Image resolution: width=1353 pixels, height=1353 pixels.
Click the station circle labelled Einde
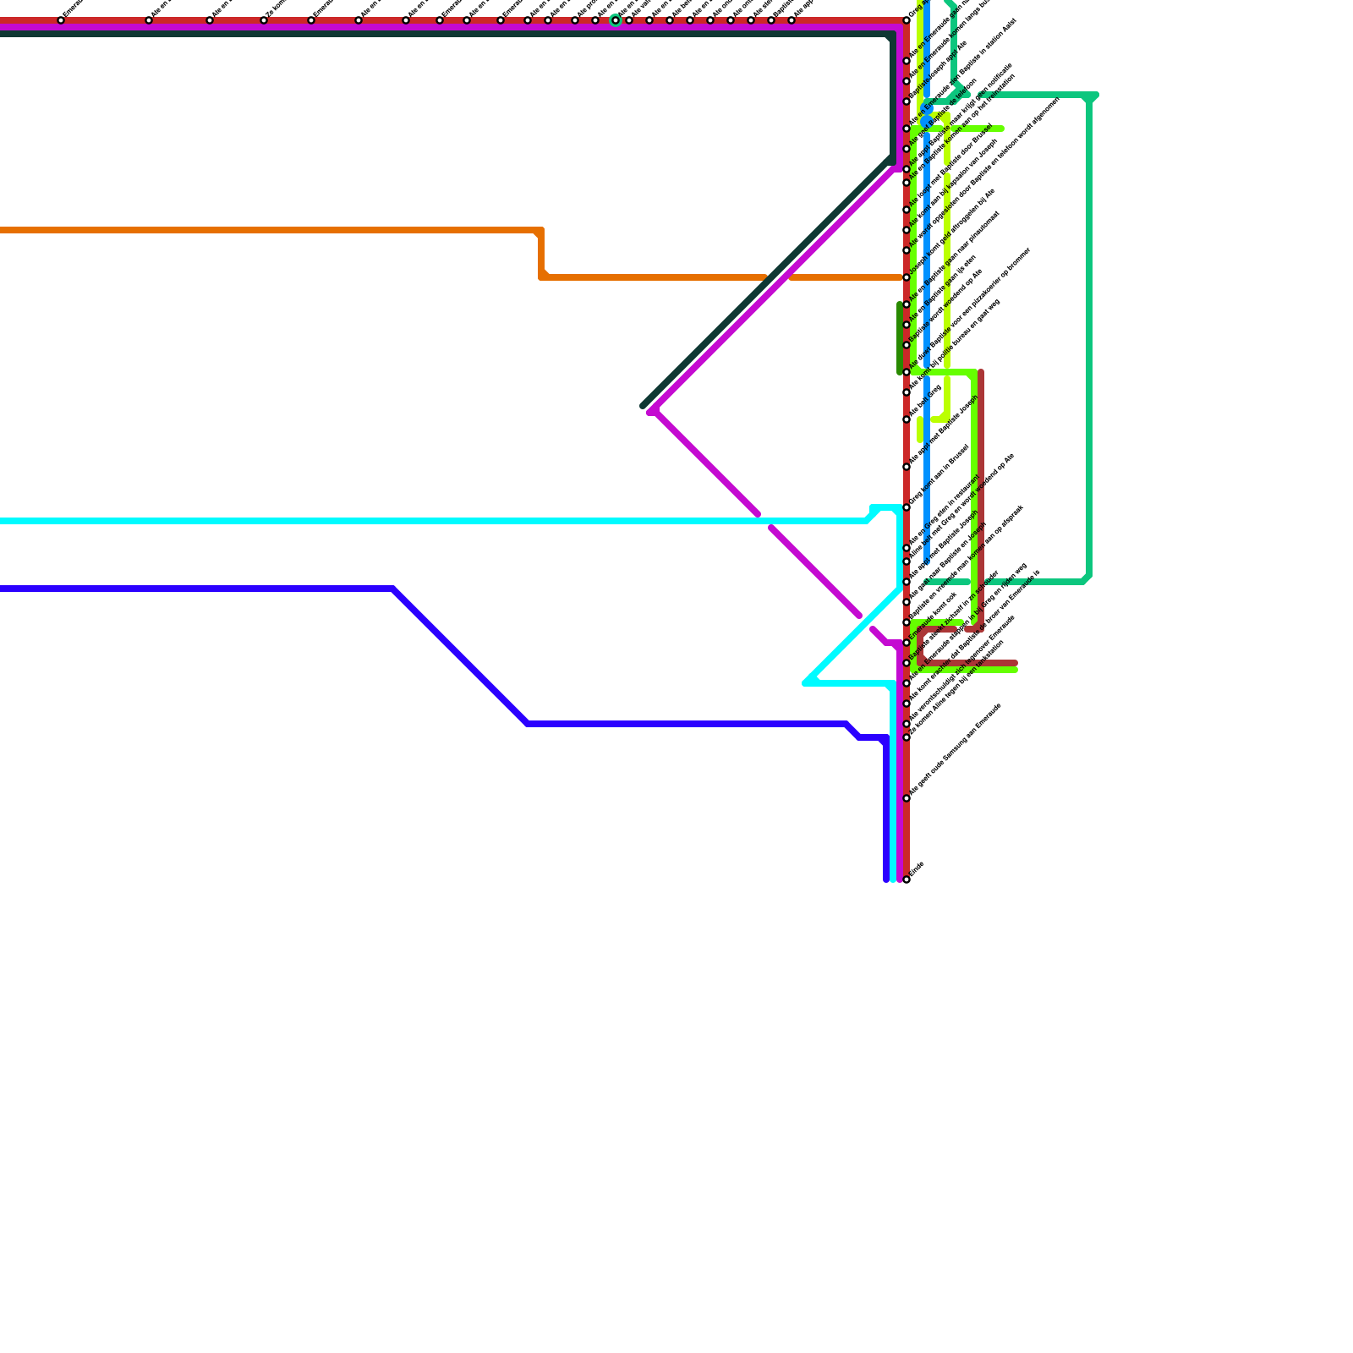pos(907,879)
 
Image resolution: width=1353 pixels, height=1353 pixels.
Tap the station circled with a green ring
pos(616,20)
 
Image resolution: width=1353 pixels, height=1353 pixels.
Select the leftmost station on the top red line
pos(61,20)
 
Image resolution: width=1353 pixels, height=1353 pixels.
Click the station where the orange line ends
pos(907,277)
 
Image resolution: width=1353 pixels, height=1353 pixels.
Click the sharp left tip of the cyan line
pos(806,682)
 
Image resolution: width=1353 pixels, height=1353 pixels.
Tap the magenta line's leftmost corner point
pos(650,411)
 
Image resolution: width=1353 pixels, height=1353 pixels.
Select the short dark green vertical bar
pos(900,338)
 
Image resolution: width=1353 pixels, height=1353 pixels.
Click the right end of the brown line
pos(1016,664)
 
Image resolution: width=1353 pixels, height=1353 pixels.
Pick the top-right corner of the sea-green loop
pos(1091,96)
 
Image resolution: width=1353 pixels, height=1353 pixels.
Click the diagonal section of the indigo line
pos(461,655)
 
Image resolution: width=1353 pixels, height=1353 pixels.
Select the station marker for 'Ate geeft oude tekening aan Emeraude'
pos(907,797)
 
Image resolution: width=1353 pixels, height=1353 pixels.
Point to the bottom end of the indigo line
pos(886,879)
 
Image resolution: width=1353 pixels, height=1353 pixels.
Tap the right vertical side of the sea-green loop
pos(1089,338)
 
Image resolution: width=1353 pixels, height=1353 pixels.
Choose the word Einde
pos(916,868)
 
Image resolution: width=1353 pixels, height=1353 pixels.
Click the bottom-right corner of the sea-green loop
pos(1087,579)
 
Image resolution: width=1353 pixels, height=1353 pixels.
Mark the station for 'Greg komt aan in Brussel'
pos(907,507)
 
